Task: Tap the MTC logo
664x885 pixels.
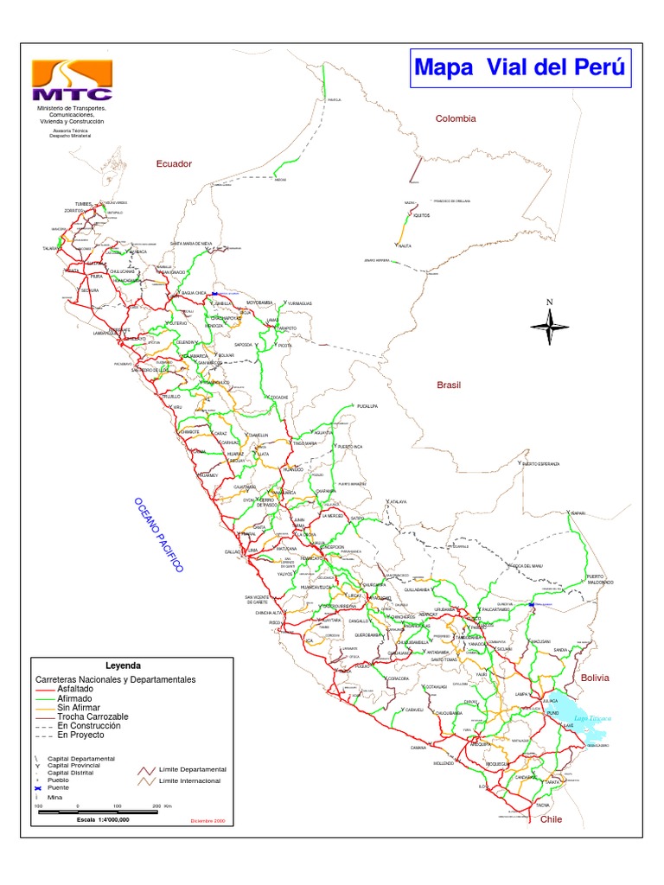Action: pyautogui.click(x=72, y=81)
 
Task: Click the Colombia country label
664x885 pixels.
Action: pyautogui.click(x=456, y=118)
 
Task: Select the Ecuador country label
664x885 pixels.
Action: pyautogui.click(x=173, y=163)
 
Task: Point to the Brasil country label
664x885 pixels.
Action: pyautogui.click(x=450, y=385)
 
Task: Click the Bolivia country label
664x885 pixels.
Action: pyautogui.click(x=596, y=678)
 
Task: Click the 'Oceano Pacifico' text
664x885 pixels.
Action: pyautogui.click(x=158, y=535)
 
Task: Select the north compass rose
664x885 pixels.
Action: pyautogui.click(x=548, y=326)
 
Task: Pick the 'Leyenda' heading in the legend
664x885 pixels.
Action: pyautogui.click(x=122, y=665)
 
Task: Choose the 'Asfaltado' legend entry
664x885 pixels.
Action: pyautogui.click(x=79, y=689)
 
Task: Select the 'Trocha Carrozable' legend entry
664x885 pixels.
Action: pyautogui.click(x=93, y=717)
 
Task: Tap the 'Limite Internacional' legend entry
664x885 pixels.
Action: pyautogui.click(x=189, y=780)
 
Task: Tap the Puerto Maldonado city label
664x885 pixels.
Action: pyautogui.click(x=600, y=579)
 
